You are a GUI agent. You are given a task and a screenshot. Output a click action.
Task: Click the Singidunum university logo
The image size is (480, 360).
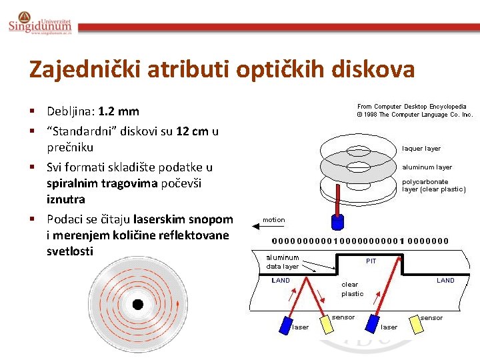39,25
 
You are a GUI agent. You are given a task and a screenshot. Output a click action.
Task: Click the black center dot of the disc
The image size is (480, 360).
138,305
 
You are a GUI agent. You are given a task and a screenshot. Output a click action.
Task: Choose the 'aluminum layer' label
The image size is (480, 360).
427,167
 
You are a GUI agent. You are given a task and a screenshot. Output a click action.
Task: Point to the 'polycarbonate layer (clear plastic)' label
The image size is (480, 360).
434,185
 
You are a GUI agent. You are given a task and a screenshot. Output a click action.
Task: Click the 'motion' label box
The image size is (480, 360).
273,220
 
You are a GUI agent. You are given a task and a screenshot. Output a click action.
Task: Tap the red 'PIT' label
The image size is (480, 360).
371,261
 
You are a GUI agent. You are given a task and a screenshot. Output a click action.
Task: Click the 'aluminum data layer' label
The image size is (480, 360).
283,261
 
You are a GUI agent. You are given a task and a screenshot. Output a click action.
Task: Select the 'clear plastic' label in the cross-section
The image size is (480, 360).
352,289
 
